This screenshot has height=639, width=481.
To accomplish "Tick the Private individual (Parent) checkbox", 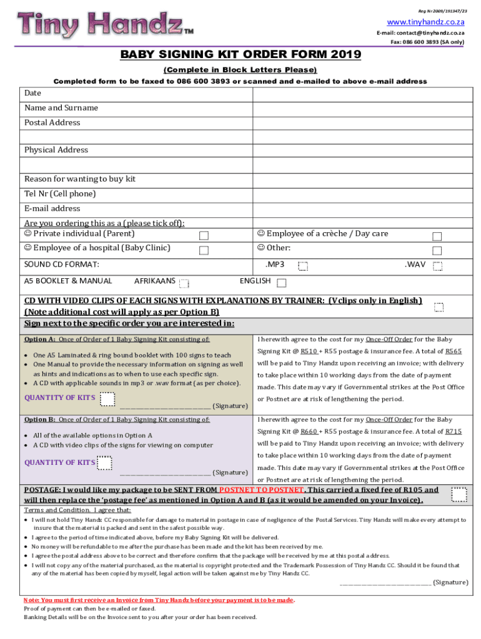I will click(204, 236).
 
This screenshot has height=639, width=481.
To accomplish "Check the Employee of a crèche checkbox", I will click(437, 236).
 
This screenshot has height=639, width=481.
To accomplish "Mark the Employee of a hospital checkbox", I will click(204, 250).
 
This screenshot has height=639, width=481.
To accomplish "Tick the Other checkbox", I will click(437, 250).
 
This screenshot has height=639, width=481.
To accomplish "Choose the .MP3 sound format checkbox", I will click(303, 266).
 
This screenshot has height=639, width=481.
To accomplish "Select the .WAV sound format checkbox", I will click(438, 266).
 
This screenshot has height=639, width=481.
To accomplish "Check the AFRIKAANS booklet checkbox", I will click(184, 283).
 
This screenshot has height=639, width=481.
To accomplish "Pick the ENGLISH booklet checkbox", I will click(282, 283).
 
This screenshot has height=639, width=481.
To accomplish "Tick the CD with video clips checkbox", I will click(439, 307).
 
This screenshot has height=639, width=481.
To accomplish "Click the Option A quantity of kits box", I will click(107, 398).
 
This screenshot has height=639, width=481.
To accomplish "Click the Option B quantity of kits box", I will click(105, 462).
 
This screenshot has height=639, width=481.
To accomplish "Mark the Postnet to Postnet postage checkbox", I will click(460, 495).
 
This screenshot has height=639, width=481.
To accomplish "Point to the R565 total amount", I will click(454, 351).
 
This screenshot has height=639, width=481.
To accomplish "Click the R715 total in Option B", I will click(454, 431).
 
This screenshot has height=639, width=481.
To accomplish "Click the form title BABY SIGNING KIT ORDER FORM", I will click(241, 55).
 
